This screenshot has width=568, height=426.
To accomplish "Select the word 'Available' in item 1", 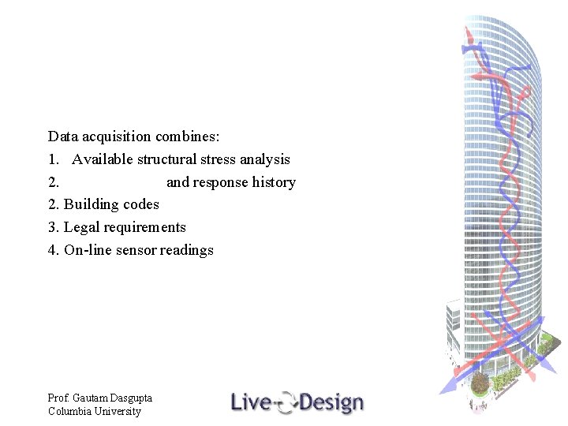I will coord(103,159).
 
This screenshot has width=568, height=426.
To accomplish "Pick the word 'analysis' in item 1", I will coord(267,159).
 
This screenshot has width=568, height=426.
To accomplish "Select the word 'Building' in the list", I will coord(89,204).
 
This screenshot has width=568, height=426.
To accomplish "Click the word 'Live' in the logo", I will coord(249,403).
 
